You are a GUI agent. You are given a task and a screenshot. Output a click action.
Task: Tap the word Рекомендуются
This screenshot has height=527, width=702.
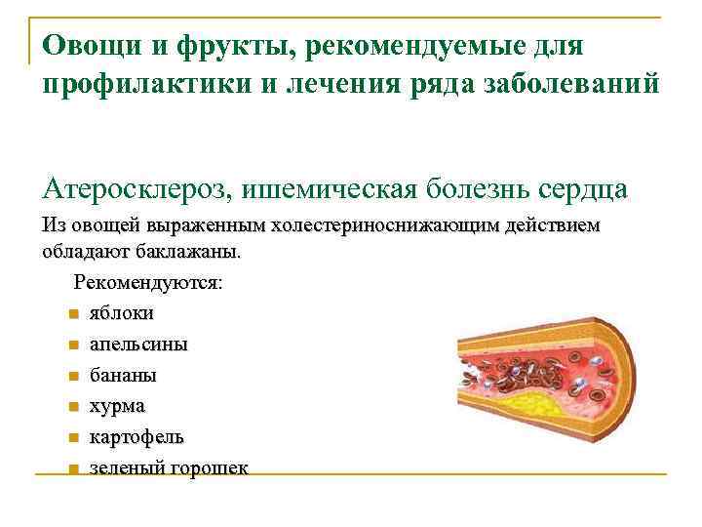tap(147, 283)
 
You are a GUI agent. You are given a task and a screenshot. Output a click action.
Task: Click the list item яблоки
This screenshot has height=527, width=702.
tap(121, 314)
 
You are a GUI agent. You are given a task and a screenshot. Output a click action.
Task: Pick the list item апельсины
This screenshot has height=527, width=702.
tap(139, 345)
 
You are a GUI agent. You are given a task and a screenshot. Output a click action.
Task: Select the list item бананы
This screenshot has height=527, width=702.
tap(123, 375)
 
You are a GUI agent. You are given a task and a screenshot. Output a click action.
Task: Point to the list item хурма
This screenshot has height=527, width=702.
tap(117, 405)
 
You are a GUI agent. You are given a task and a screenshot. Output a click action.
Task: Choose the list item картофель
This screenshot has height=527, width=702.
tap(136, 436)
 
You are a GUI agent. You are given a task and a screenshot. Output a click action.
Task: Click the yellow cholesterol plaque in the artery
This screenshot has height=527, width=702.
tap(526, 400)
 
